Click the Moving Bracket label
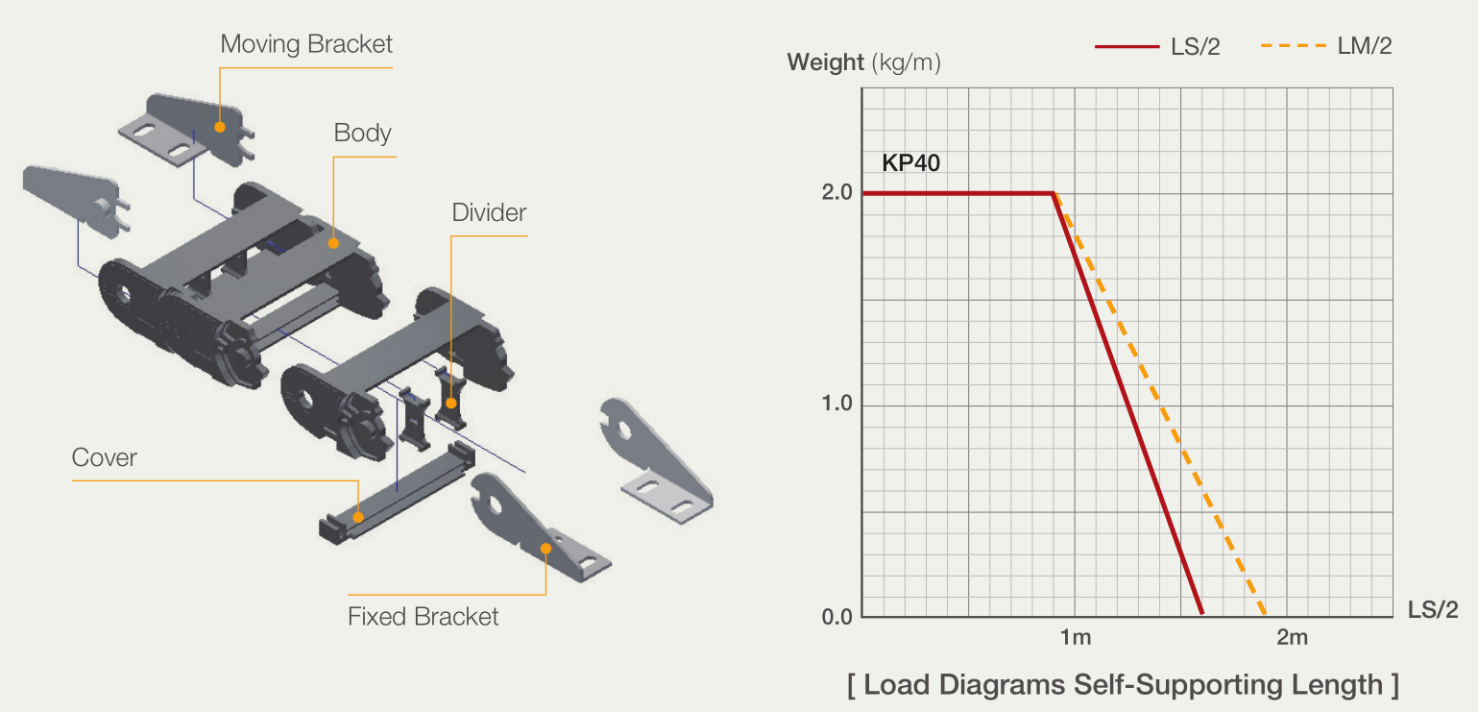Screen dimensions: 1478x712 pyautogui.click(x=306, y=44)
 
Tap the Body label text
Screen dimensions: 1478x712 pyautogui.click(x=362, y=134)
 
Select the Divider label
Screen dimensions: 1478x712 pyautogui.click(x=489, y=212)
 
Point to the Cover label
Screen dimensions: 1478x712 pyautogui.click(x=105, y=457)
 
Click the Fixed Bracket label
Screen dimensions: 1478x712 pyautogui.click(x=423, y=616)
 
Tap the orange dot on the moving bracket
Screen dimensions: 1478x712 pyautogui.click(x=220, y=128)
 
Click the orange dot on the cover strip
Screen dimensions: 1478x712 pyautogui.click(x=357, y=517)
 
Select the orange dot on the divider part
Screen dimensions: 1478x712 pyautogui.click(x=451, y=403)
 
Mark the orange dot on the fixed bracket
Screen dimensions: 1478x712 pyautogui.click(x=545, y=549)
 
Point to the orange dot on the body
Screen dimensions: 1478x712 pyautogui.click(x=334, y=243)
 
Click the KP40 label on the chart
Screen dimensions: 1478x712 pyautogui.click(x=910, y=163)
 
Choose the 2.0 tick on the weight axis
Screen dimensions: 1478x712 pyautogui.click(x=836, y=193)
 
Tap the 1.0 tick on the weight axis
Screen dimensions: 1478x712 pyautogui.click(x=836, y=404)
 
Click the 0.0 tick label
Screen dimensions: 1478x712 pyautogui.click(x=836, y=617)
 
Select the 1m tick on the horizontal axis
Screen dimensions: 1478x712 pyautogui.click(x=1076, y=637)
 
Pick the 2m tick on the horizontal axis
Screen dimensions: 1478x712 pyautogui.click(x=1292, y=637)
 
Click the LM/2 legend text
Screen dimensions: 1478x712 pyautogui.click(x=1365, y=46)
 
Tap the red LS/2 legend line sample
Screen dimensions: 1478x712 pyautogui.click(x=1127, y=47)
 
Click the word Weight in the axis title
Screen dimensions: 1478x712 pyautogui.click(x=826, y=62)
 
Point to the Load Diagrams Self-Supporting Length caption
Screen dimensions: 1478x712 pyautogui.click(x=1123, y=685)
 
